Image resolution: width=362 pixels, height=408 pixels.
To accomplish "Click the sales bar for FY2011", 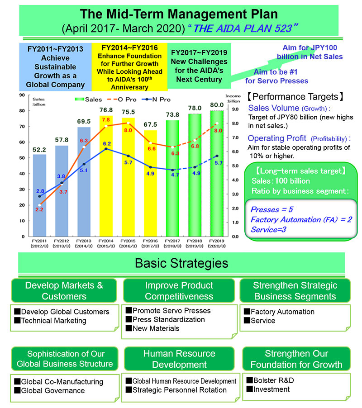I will (x=39, y=195).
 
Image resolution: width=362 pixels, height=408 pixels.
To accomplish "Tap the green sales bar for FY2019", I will (x=217, y=176).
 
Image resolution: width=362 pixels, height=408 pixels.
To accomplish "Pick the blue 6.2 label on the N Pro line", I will (x=107, y=144).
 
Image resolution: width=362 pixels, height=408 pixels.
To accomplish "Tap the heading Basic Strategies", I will (x=181, y=263).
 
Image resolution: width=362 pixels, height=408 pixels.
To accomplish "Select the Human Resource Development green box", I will (x=179, y=359).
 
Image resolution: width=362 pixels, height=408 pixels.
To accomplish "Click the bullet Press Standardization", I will (x=169, y=319).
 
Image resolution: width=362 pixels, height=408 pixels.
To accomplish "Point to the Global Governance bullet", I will (x=53, y=390).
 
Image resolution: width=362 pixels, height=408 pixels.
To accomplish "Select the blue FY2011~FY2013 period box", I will (x=55, y=67).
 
